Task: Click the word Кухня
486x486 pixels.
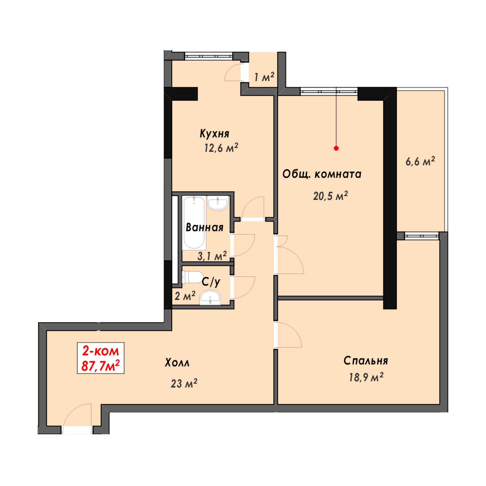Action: tap(215, 133)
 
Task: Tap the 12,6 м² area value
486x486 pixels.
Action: tap(221, 148)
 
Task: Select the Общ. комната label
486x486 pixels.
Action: tap(322, 174)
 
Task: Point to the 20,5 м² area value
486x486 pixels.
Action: tap(330, 196)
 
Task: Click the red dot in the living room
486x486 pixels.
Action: tap(336, 148)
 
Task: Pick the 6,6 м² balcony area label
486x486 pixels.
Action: tap(420, 161)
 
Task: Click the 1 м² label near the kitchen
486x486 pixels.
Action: tap(264, 77)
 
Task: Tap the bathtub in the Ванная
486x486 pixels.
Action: tap(194, 223)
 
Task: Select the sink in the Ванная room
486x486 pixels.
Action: tap(218, 203)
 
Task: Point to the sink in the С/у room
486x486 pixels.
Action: tap(210, 298)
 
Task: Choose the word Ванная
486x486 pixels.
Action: tap(205, 227)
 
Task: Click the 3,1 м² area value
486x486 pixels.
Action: tap(212, 256)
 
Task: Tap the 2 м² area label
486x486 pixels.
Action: tap(185, 296)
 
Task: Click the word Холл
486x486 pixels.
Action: tap(177, 363)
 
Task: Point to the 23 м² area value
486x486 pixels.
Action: tap(184, 384)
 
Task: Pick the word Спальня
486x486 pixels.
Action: tap(366, 361)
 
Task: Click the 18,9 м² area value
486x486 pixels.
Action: tap(366, 377)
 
